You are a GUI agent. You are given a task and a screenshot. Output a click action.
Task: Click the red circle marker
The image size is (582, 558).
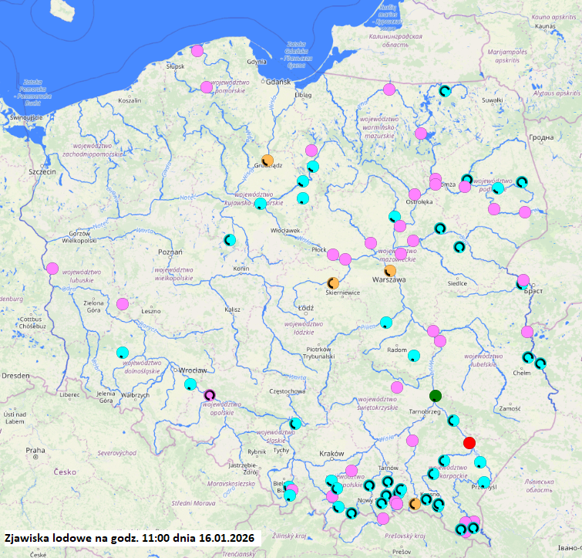469,442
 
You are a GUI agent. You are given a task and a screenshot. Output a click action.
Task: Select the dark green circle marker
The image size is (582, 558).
436,396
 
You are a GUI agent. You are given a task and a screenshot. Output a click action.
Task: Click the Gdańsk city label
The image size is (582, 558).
277,82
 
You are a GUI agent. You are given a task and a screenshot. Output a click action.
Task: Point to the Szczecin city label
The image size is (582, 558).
43,171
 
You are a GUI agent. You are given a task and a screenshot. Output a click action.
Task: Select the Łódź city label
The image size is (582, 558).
305,307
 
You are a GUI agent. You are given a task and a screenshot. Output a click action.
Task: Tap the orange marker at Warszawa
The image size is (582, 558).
390,271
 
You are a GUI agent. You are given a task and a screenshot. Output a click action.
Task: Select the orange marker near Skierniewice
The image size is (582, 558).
333,283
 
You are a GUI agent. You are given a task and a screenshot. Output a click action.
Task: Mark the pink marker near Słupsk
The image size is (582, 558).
197,52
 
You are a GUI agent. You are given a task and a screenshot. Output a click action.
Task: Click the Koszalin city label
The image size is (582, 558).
129,100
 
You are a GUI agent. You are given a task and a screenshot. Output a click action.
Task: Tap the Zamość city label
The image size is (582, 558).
510,408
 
